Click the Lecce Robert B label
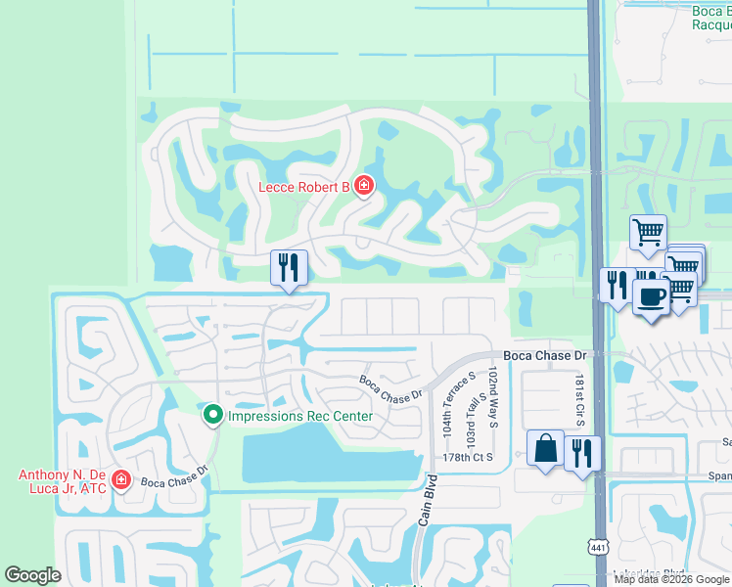coord(303,186)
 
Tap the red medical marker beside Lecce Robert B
coord(364,185)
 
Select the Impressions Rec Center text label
coord(299,416)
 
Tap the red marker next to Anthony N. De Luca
coord(120,479)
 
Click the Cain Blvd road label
coord(426,503)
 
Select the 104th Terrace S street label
coord(446,403)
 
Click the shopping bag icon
coord(545,448)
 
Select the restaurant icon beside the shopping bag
coord(582,453)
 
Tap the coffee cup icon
coord(651,295)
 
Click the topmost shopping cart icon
coord(648,233)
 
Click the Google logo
coord(32,575)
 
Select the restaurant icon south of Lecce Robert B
coord(289,267)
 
